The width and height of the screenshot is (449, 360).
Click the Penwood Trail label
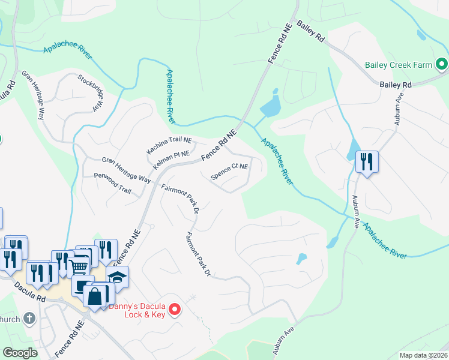tap(112, 182)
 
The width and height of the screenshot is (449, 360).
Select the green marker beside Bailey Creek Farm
tap(442, 63)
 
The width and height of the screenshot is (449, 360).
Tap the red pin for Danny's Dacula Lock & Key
tap(175, 310)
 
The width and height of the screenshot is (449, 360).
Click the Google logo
tap(20, 353)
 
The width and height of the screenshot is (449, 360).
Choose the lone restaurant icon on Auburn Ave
tap(366, 161)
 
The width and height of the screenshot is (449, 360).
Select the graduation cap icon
tap(118, 277)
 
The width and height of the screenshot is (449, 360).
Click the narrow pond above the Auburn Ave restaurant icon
tap(354, 148)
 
